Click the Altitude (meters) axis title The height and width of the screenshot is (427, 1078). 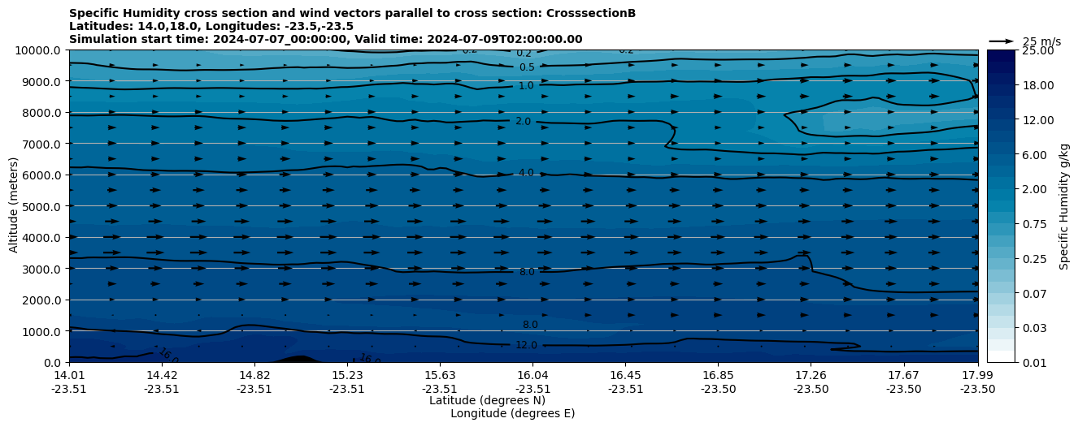pos(14,206)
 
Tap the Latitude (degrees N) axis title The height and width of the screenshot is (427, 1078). pos(487,400)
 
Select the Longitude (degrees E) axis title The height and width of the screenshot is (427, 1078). pos(512,413)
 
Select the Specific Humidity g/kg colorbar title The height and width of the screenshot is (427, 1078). pos(1063,206)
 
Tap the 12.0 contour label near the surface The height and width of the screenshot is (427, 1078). pos(526,345)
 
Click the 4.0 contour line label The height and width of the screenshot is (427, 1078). pos(526,173)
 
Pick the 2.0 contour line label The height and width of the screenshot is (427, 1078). pos(523,121)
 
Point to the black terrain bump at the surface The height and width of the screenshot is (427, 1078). pos(298,359)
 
